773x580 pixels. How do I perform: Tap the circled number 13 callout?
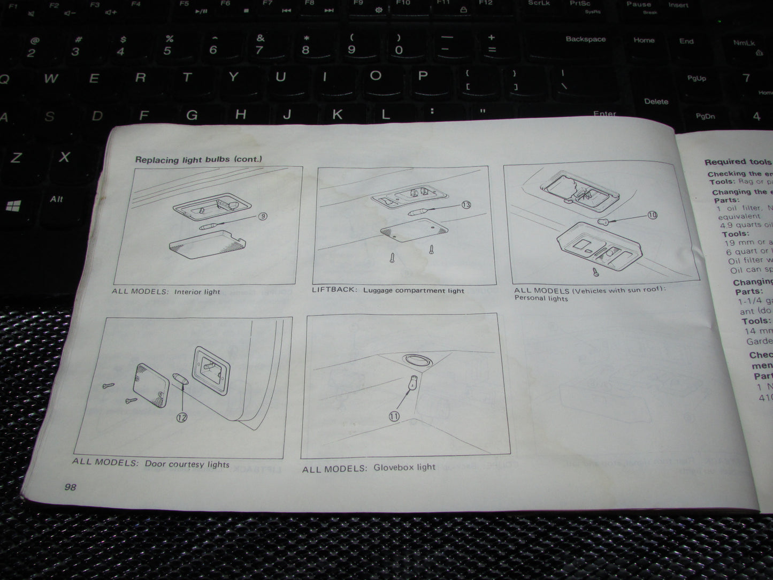pyautogui.click(x=466, y=204)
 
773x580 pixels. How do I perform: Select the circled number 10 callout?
pyautogui.click(x=652, y=215)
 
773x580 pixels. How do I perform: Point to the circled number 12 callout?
pyautogui.click(x=182, y=417)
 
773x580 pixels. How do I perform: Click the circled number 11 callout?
pyautogui.click(x=394, y=416)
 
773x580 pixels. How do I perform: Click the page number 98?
pyautogui.click(x=70, y=486)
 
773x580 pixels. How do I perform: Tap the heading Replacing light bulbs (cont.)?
pyautogui.click(x=198, y=159)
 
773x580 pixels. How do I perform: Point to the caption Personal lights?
pyautogui.click(x=541, y=298)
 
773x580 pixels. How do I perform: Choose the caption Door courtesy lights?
pyautogui.click(x=187, y=464)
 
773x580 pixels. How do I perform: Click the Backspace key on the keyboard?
pyautogui.click(x=586, y=39)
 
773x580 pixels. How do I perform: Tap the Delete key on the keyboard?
pyautogui.click(x=656, y=101)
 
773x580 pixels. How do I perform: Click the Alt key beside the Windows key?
pyautogui.click(x=57, y=199)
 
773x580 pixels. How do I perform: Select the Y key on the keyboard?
pyautogui.click(x=233, y=77)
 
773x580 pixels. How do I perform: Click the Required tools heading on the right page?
pyautogui.click(x=738, y=162)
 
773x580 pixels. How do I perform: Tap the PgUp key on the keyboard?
pyautogui.click(x=697, y=78)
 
